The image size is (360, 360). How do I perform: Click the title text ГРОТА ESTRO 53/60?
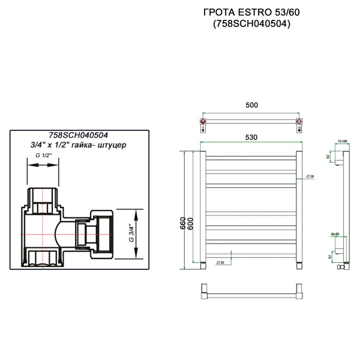point(252,11)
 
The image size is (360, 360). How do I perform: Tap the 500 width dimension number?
point(251,105)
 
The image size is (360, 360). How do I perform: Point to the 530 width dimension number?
point(251,137)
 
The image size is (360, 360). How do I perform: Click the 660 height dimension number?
point(182,222)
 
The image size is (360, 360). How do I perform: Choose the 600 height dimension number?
point(191,222)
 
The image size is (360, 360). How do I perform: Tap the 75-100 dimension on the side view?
point(342,141)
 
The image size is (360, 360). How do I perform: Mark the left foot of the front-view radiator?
point(205,265)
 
